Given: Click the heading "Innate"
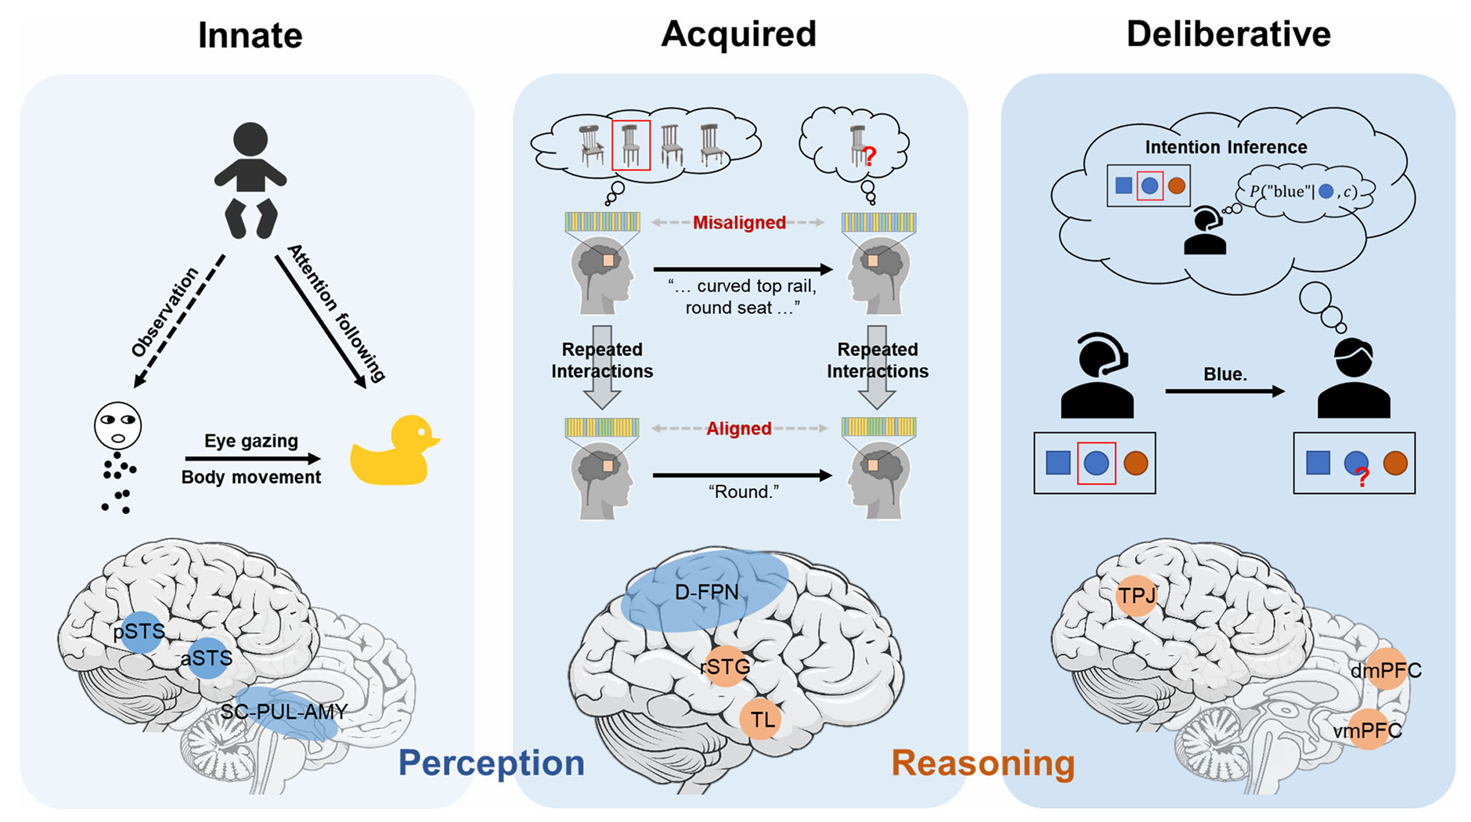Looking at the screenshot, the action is [250, 36].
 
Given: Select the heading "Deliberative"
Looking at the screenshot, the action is [1228, 34].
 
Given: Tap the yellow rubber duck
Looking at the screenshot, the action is [395, 450].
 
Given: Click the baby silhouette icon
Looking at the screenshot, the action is [250, 181].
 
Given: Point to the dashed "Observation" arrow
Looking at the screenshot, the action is [179, 321].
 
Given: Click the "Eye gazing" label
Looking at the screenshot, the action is [251, 440].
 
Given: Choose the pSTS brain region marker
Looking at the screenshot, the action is [141, 632].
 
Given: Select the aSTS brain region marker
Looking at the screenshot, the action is [207, 658].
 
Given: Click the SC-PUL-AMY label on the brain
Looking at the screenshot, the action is [284, 712].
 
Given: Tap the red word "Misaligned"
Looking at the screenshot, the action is [739, 223].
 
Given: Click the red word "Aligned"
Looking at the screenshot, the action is [739, 428].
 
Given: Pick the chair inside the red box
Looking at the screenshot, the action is [630, 145].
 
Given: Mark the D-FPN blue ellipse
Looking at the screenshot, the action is [705, 590].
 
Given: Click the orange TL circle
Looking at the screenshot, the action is [760, 718].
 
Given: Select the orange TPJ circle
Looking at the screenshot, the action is [1136, 595].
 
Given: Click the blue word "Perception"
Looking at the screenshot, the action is [491, 763].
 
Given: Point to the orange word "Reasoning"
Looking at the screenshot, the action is [983, 763].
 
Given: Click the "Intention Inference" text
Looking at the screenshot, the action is [1226, 147].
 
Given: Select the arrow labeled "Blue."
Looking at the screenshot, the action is [1225, 391].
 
